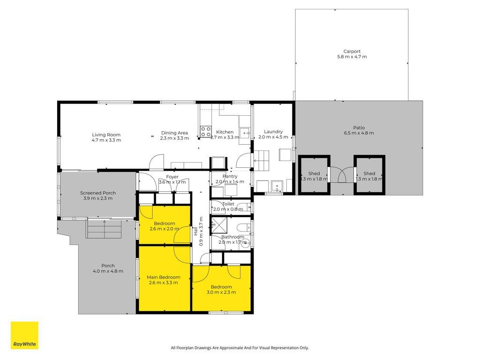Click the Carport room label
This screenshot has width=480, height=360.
(352, 52)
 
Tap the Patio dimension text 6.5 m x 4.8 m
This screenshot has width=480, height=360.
(359, 133)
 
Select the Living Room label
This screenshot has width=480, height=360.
(106, 135)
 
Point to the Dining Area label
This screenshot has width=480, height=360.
(174, 133)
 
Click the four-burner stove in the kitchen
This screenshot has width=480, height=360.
(206, 132)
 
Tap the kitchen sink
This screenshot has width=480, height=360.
(245, 133)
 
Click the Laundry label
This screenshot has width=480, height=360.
(273, 132)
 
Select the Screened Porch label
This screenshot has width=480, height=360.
(98, 193)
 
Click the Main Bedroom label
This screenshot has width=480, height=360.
(164, 277)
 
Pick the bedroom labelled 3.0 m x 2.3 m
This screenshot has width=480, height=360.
(221, 290)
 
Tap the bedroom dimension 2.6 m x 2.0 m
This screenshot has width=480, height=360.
(165, 229)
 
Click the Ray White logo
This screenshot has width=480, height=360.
(24, 335)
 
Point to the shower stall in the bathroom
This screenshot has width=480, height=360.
(219, 225)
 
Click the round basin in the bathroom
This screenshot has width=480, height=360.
(245, 243)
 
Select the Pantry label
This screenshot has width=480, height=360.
(230, 176)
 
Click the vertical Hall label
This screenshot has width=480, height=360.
(195, 231)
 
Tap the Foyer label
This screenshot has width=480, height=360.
(172, 177)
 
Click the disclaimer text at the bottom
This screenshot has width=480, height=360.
(240, 348)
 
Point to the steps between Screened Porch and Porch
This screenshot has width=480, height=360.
(104, 229)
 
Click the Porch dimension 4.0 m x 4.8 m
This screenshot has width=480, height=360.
(108, 271)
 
